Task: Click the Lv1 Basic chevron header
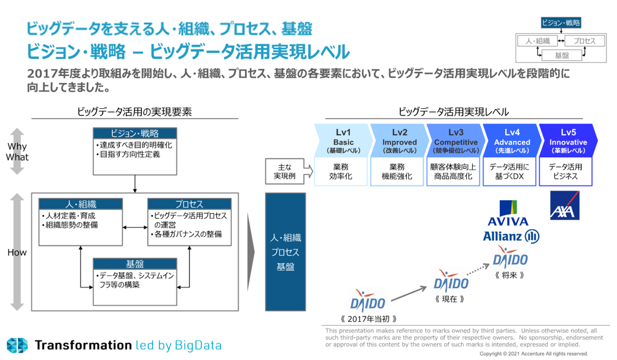[x=343, y=141]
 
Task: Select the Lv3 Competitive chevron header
[x=456, y=141]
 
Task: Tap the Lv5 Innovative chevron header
[x=567, y=141]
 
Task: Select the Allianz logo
[x=511, y=236]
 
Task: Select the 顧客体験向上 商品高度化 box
[x=456, y=171]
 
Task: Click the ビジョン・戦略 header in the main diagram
[x=134, y=133]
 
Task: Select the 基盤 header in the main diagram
[x=134, y=264]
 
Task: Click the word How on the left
[x=17, y=252]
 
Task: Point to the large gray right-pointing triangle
[x=250, y=252]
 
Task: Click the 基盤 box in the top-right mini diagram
[x=562, y=55]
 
